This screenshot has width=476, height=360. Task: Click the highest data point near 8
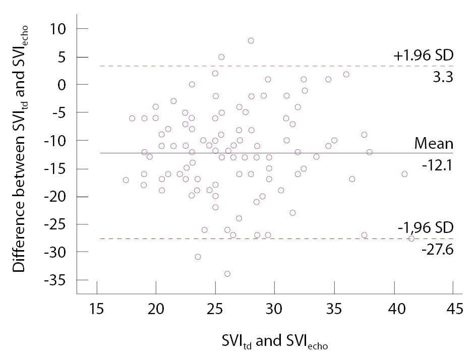click(251, 40)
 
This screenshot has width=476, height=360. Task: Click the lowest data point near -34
click(227, 274)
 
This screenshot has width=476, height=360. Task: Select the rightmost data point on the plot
click(411, 238)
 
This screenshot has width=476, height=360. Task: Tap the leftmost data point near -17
click(126, 180)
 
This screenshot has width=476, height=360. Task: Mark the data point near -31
click(198, 257)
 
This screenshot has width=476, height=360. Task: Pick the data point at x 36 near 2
click(346, 74)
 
